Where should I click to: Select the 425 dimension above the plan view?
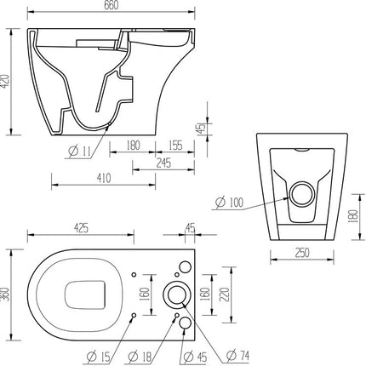(82, 229)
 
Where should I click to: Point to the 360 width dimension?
(8, 295)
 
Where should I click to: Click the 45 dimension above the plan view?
(189, 229)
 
